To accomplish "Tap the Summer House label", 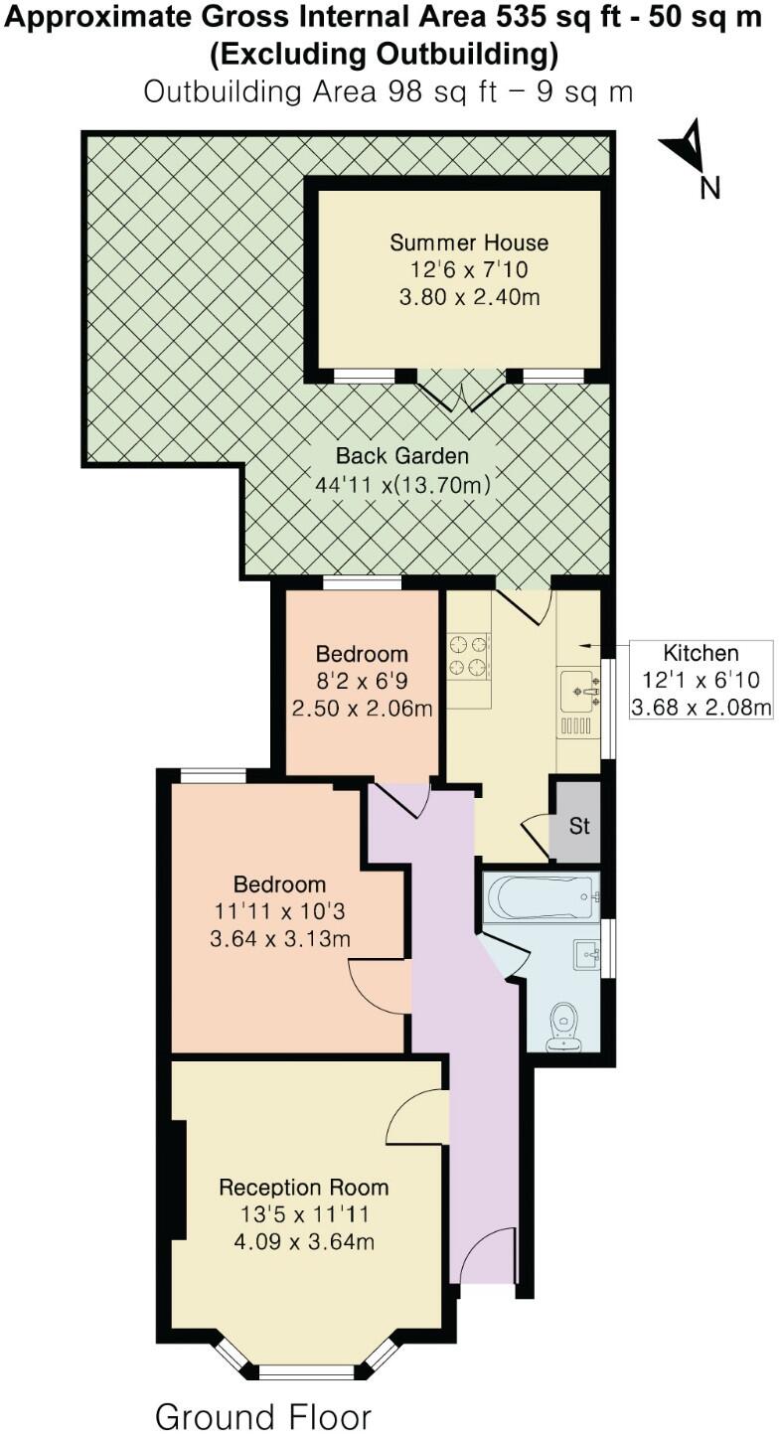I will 468,242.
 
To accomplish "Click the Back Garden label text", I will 401,456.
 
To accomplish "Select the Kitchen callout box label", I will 701,653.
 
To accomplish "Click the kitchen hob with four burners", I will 469,655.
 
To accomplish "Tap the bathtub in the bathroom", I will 543,897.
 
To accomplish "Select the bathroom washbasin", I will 587,955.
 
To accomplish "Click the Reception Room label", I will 303,1187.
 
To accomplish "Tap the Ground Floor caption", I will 262,1415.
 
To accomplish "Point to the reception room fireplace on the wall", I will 178,1180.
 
